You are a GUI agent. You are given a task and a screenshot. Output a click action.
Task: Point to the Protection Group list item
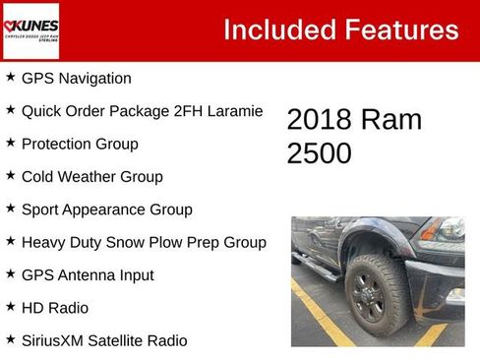(80, 144)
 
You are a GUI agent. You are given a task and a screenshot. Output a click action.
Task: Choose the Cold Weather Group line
(91, 177)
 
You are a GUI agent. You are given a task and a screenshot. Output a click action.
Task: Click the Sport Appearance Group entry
(106, 210)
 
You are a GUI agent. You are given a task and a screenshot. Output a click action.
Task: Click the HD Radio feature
(55, 308)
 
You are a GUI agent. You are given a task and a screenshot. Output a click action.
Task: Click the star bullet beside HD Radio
(10, 307)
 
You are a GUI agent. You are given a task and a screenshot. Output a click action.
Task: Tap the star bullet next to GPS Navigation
(10, 77)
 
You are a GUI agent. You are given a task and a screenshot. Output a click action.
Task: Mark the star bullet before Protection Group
(10, 143)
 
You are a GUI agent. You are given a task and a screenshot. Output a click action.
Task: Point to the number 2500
(320, 153)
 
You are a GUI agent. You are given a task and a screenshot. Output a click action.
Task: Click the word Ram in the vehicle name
(390, 120)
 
